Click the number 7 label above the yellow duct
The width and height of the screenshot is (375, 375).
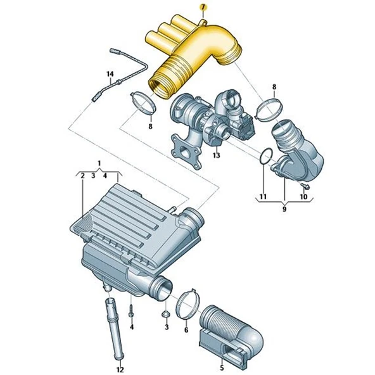pyautogui.click(x=203, y=7)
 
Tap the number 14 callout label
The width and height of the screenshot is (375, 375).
pyautogui.click(x=110, y=74)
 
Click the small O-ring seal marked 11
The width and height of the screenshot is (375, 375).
pyautogui.click(x=266, y=155)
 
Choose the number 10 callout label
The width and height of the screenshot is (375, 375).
pyautogui.click(x=303, y=196)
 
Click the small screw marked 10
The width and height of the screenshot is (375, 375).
pyautogui.click(x=305, y=185)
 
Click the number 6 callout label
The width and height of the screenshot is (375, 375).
pyautogui.click(x=186, y=329)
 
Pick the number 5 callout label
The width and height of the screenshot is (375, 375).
pyautogui.click(x=221, y=366)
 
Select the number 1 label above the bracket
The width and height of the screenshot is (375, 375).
pyautogui.click(x=98, y=163)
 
